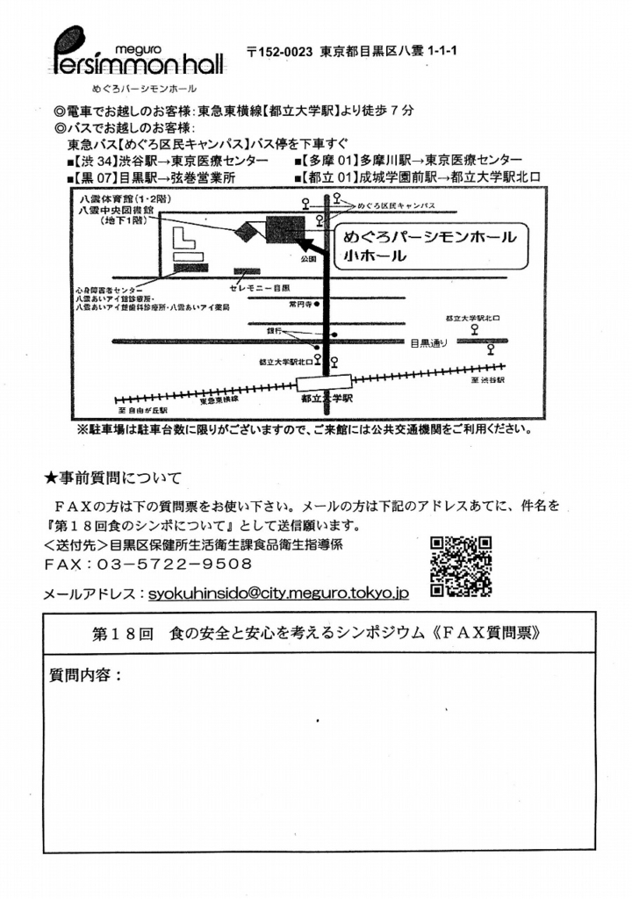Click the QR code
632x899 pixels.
(x=461, y=566)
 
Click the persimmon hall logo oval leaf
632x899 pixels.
(x=69, y=40)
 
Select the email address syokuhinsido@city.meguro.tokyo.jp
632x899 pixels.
(x=278, y=593)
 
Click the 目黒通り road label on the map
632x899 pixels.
(x=429, y=343)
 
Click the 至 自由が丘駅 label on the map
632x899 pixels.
(x=142, y=409)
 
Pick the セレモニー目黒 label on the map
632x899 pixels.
(x=260, y=288)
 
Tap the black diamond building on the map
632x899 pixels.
(x=248, y=231)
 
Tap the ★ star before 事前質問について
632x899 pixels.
(x=51, y=478)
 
